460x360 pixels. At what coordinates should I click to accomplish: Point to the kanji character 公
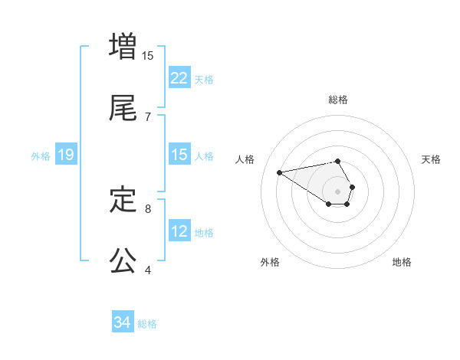click(x=123, y=260)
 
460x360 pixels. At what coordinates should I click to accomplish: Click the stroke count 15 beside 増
click(x=148, y=55)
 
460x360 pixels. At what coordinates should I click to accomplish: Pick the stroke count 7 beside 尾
click(x=148, y=116)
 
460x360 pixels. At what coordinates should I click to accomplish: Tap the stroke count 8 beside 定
click(x=148, y=208)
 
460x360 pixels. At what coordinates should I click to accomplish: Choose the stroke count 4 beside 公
click(x=148, y=270)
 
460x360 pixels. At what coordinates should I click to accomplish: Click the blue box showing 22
click(x=179, y=78)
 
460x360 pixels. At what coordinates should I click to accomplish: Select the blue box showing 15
click(x=179, y=155)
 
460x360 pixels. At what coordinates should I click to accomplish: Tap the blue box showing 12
click(x=179, y=231)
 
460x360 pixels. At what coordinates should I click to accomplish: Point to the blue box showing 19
click(x=66, y=155)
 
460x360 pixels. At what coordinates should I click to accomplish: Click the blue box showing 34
click(x=123, y=323)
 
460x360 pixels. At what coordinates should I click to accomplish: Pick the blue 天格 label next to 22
click(x=204, y=79)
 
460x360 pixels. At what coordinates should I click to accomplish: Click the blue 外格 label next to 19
click(x=41, y=155)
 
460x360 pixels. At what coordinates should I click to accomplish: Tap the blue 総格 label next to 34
click(x=147, y=324)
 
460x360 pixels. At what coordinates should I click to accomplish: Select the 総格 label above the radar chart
click(x=338, y=100)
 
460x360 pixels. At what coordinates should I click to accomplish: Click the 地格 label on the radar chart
click(x=402, y=262)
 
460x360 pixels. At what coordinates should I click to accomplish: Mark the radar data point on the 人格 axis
click(x=280, y=172)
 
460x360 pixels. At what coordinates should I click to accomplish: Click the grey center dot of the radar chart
click(x=338, y=191)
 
